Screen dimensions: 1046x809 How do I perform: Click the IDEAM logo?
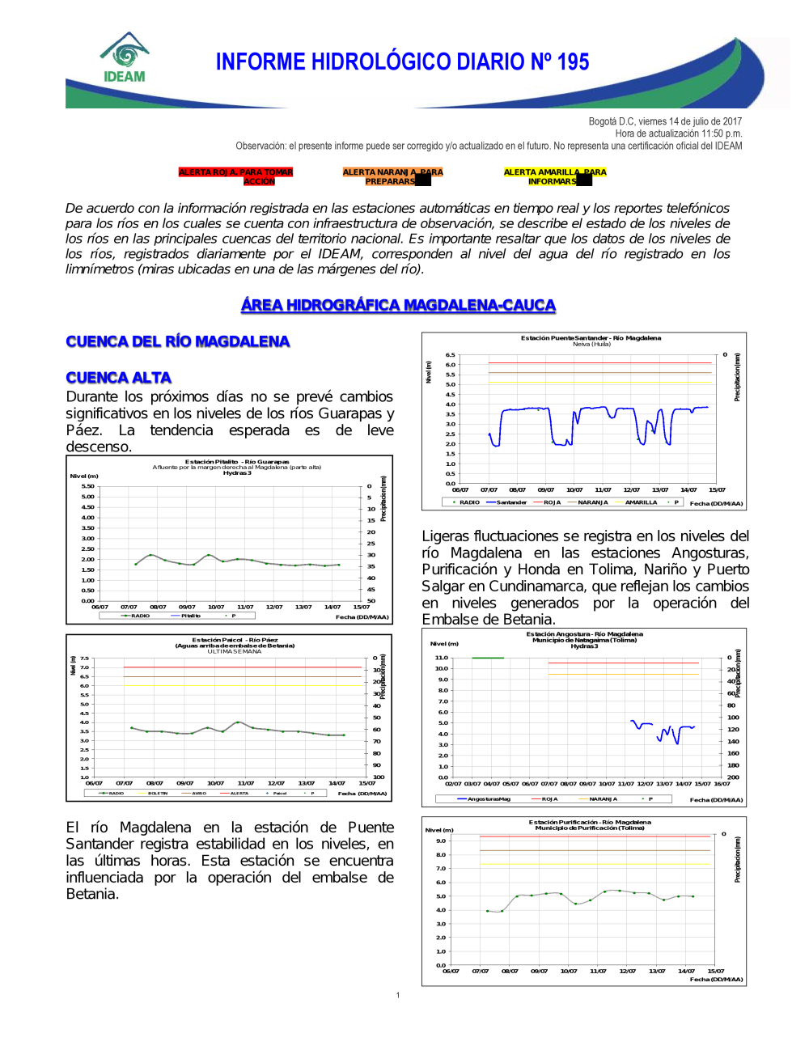click(x=125, y=57)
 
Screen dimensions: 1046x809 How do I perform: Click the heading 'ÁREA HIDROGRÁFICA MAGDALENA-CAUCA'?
click(x=398, y=305)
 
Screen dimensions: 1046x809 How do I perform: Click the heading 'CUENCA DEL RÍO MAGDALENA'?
click(x=177, y=341)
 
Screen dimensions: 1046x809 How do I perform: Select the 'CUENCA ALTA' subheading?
click(x=118, y=378)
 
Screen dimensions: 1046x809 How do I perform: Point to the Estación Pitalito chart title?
click(x=237, y=462)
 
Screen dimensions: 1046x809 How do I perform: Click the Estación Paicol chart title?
click(x=235, y=640)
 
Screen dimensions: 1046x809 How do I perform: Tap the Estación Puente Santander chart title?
click(x=591, y=338)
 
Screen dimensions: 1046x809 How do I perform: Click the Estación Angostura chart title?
click(x=584, y=634)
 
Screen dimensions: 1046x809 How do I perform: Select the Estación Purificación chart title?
click(x=590, y=822)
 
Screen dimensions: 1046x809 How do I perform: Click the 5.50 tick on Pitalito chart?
click(x=87, y=486)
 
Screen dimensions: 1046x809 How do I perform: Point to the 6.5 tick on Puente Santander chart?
click(x=450, y=355)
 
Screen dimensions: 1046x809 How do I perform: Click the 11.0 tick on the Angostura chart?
click(x=441, y=658)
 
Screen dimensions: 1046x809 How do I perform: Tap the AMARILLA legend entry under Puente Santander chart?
click(x=640, y=502)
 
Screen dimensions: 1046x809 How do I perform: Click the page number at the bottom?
click(x=398, y=995)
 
